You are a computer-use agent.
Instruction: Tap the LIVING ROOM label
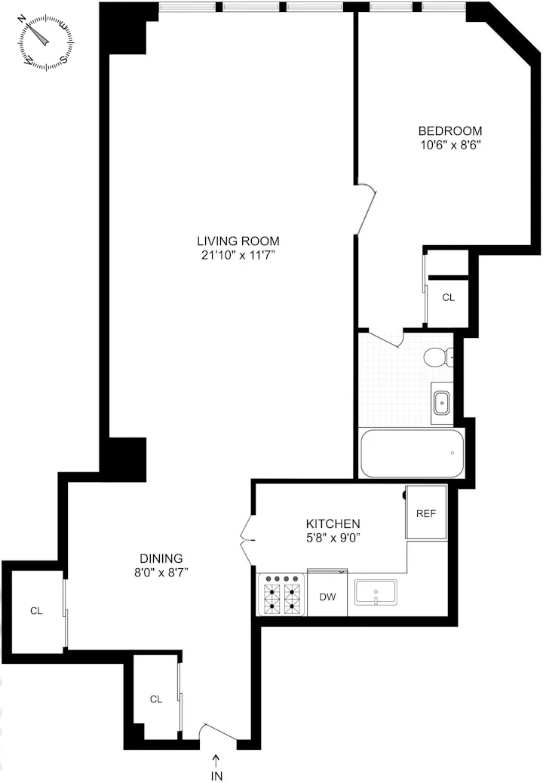232,241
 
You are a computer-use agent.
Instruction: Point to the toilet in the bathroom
437,357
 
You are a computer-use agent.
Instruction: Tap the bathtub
412,453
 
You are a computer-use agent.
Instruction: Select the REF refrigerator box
426,513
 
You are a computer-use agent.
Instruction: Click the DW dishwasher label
327,597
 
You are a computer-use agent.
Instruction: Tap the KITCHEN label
333,524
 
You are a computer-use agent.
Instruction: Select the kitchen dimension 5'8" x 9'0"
333,538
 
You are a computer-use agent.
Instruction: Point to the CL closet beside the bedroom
449,297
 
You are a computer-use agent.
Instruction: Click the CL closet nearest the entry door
156,699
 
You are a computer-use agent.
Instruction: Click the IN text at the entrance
217,775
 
